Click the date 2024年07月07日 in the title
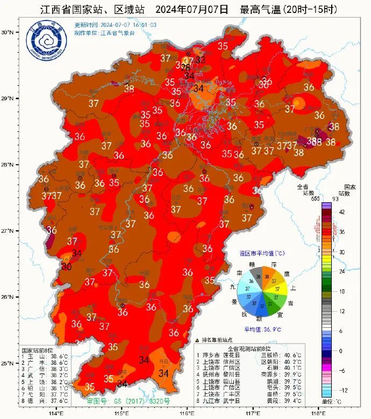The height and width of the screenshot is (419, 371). click(x=195, y=9)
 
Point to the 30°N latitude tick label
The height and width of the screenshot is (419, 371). click(x=7, y=32)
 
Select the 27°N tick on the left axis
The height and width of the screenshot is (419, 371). click(x=7, y=231)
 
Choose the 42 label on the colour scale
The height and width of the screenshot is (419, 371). click(x=341, y=212)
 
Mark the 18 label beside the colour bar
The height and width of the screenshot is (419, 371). click(x=341, y=291)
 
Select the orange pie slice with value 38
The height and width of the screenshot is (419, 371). click(x=268, y=276)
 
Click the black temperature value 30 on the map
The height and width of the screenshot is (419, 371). click(x=67, y=266)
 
